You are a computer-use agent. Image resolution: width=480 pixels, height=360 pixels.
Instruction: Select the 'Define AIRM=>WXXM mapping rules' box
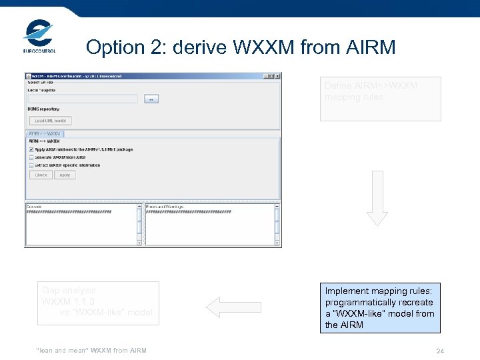pos(380,99)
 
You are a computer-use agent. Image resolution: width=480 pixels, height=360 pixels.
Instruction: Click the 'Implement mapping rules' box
pos(379,307)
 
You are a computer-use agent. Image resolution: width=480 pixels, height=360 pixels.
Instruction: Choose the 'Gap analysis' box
pos(98,303)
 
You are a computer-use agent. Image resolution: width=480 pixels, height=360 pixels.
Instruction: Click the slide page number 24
pos(440,351)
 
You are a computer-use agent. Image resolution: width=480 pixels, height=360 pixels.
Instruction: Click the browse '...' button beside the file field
pos(151,99)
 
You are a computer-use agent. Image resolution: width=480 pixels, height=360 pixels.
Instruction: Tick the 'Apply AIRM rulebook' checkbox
pos(31,149)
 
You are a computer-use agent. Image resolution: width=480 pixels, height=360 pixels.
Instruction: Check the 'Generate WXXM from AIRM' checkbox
pos(31,157)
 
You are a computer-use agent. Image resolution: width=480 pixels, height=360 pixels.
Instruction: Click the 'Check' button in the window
pos(41,175)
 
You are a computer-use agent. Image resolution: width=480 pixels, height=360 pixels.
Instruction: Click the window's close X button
pos(277,77)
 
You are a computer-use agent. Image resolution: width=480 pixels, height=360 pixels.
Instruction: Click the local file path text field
pos(82,99)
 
